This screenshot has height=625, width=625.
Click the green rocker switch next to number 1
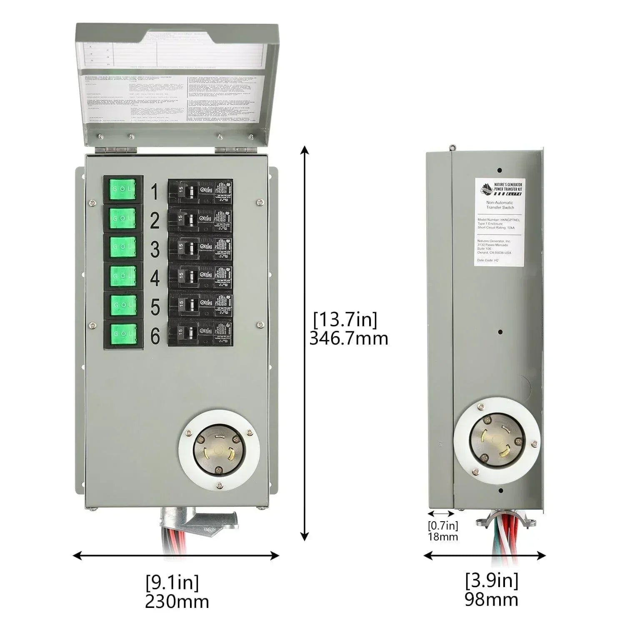point(123,189)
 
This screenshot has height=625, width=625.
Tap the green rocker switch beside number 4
point(123,275)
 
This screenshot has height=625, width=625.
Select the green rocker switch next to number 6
point(123,333)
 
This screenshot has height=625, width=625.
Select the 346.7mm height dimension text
point(348,338)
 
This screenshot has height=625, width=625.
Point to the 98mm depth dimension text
point(491,599)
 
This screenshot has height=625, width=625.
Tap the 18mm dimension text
point(442,537)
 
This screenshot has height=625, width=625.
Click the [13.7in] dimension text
point(345,320)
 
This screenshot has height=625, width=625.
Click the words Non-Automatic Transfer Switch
point(500,205)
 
